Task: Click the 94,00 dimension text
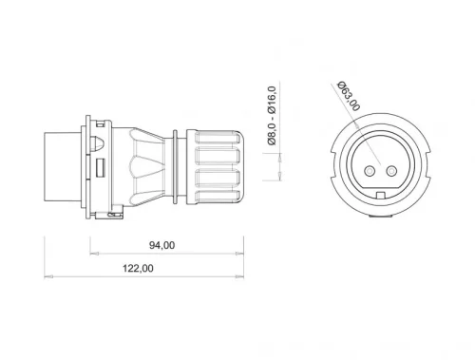coord(162,245)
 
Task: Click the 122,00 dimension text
coord(140,268)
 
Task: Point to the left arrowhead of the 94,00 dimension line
coord(93,254)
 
